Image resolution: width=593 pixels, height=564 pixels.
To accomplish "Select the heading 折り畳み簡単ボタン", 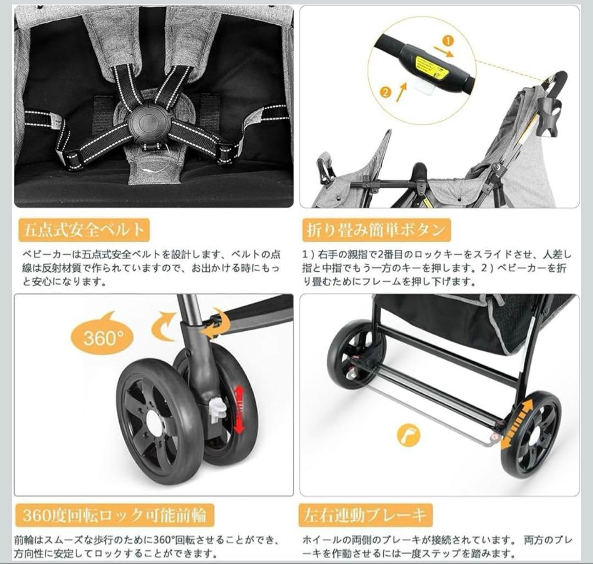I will pyautogui.click(x=376, y=230).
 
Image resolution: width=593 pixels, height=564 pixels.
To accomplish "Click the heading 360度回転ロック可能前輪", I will pyautogui.click(x=114, y=516).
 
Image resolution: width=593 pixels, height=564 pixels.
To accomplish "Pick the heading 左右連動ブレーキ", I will pyautogui.click(x=366, y=516).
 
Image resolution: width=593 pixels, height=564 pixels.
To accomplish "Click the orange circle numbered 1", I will pyautogui.click(x=448, y=41).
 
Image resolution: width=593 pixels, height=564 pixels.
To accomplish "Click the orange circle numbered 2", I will pyautogui.click(x=385, y=93).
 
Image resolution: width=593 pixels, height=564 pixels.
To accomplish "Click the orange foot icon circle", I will pyautogui.click(x=409, y=435).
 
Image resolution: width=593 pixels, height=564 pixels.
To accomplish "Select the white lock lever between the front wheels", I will pyautogui.click(x=218, y=407).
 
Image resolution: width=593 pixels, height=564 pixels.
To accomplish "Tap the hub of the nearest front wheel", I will pyautogui.click(x=155, y=424).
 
